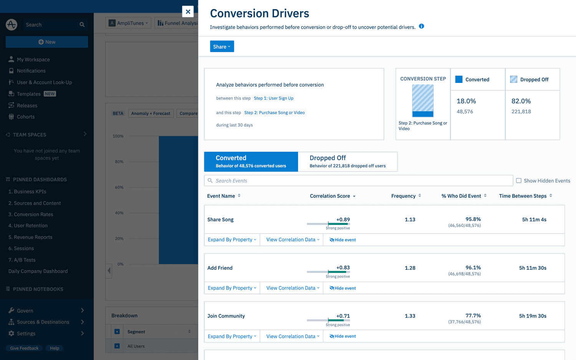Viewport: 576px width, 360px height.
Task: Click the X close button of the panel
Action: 188,12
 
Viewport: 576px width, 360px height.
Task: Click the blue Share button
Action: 222,46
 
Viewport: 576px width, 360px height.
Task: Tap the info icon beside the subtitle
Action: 421,26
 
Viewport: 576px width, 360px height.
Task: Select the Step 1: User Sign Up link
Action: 273,98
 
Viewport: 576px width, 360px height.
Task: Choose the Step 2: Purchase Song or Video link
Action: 274,112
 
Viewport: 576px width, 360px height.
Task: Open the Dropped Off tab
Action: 347,162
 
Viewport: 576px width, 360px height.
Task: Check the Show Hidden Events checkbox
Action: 519,180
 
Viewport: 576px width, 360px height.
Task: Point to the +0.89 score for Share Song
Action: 343,220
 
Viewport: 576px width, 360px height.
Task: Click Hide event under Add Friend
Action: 343,288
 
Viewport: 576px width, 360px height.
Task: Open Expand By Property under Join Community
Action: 232,336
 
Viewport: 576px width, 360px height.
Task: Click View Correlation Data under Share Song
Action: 293,240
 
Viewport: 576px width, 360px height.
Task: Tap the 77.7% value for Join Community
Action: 473,315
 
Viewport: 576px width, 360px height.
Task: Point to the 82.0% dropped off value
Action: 521,101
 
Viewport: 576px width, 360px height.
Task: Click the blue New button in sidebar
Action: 47,42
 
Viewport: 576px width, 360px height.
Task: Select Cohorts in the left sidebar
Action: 26,117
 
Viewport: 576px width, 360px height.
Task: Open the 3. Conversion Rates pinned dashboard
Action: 31,215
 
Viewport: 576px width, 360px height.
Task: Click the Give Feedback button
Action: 24,348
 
